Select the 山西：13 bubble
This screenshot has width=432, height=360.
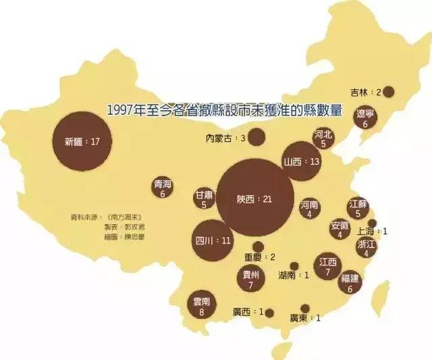tap(302, 161)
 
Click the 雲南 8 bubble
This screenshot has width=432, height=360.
tap(201, 307)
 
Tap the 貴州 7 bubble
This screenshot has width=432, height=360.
tap(250, 279)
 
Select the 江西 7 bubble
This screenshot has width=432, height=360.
tap(328, 266)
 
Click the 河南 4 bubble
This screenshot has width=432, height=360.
tap(309, 209)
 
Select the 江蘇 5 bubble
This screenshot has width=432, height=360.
tap(358, 208)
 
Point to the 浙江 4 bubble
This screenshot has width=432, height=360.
tap(367, 249)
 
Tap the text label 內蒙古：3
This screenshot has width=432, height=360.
tap(225, 138)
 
